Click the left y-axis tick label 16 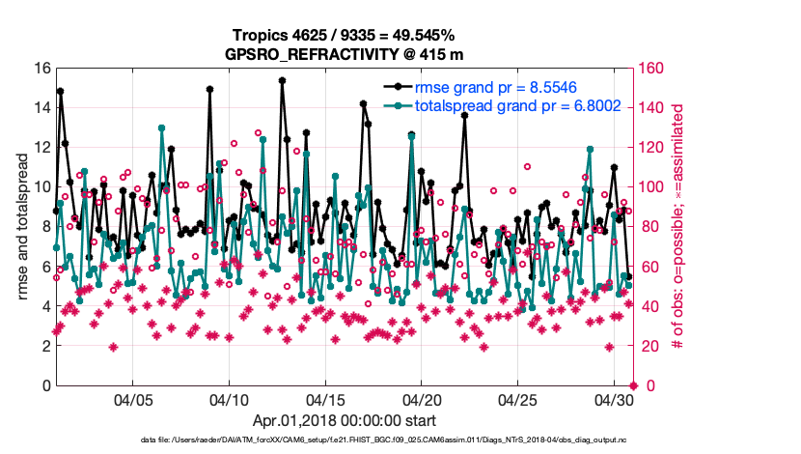point(41,69)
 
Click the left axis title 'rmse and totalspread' point(20,227)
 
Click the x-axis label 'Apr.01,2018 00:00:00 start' point(344,421)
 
